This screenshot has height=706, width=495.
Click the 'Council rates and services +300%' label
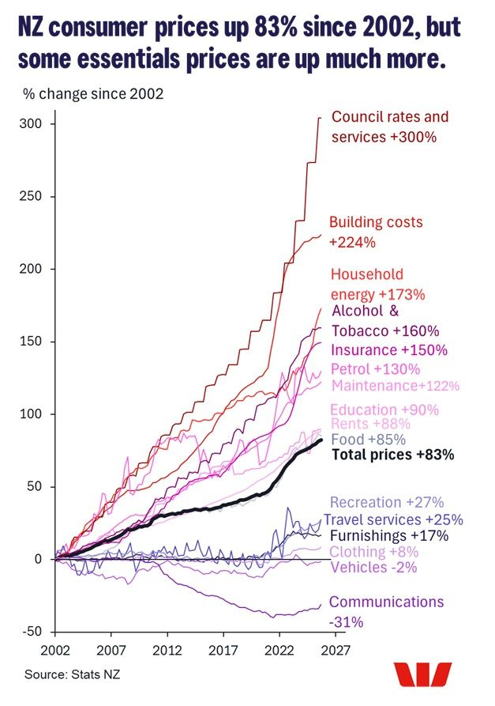(x=389, y=126)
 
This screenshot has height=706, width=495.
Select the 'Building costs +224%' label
(x=376, y=232)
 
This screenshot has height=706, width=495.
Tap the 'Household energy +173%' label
(x=377, y=284)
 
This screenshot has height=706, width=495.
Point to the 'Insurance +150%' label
(x=385, y=349)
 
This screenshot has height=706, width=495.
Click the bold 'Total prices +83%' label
(x=392, y=455)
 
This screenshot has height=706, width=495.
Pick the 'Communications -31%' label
(x=386, y=611)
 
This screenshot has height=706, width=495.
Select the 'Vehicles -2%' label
(x=373, y=567)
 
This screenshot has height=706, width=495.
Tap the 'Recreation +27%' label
(x=387, y=502)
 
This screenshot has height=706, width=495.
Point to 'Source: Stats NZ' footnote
(x=64, y=674)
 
